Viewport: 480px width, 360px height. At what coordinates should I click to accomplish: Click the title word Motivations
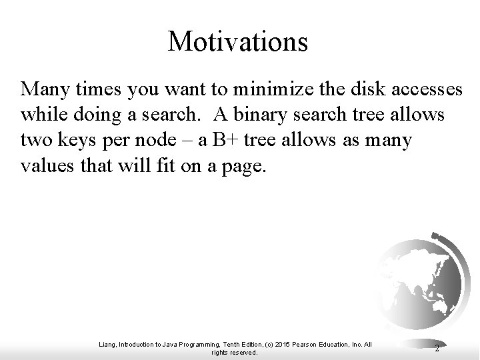pos(238,41)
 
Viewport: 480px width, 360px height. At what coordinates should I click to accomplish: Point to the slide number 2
pos(437,347)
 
